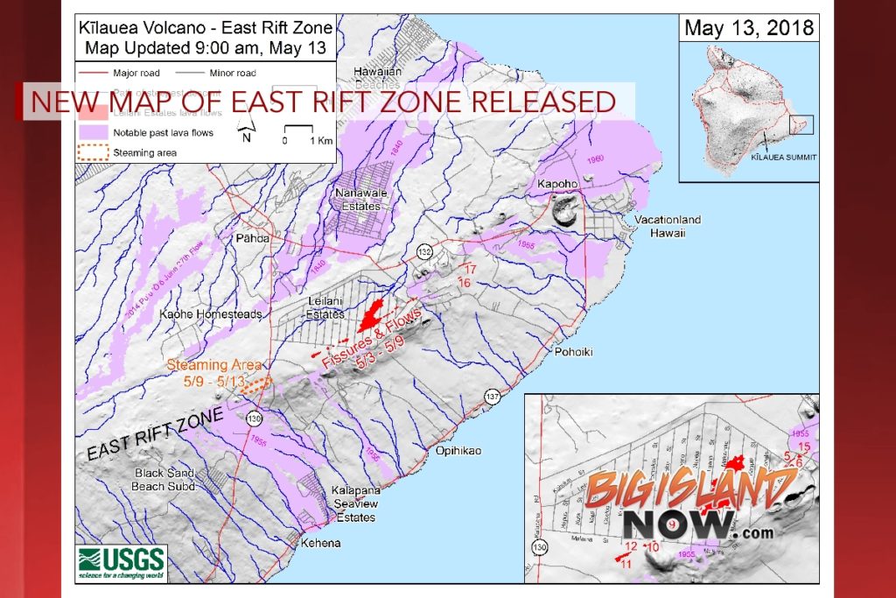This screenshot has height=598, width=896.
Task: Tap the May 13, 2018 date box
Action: (x=748, y=28)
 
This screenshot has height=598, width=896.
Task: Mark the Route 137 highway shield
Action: (x=493, y=396)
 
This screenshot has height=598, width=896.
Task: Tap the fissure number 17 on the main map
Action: (x=469, y=269)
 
